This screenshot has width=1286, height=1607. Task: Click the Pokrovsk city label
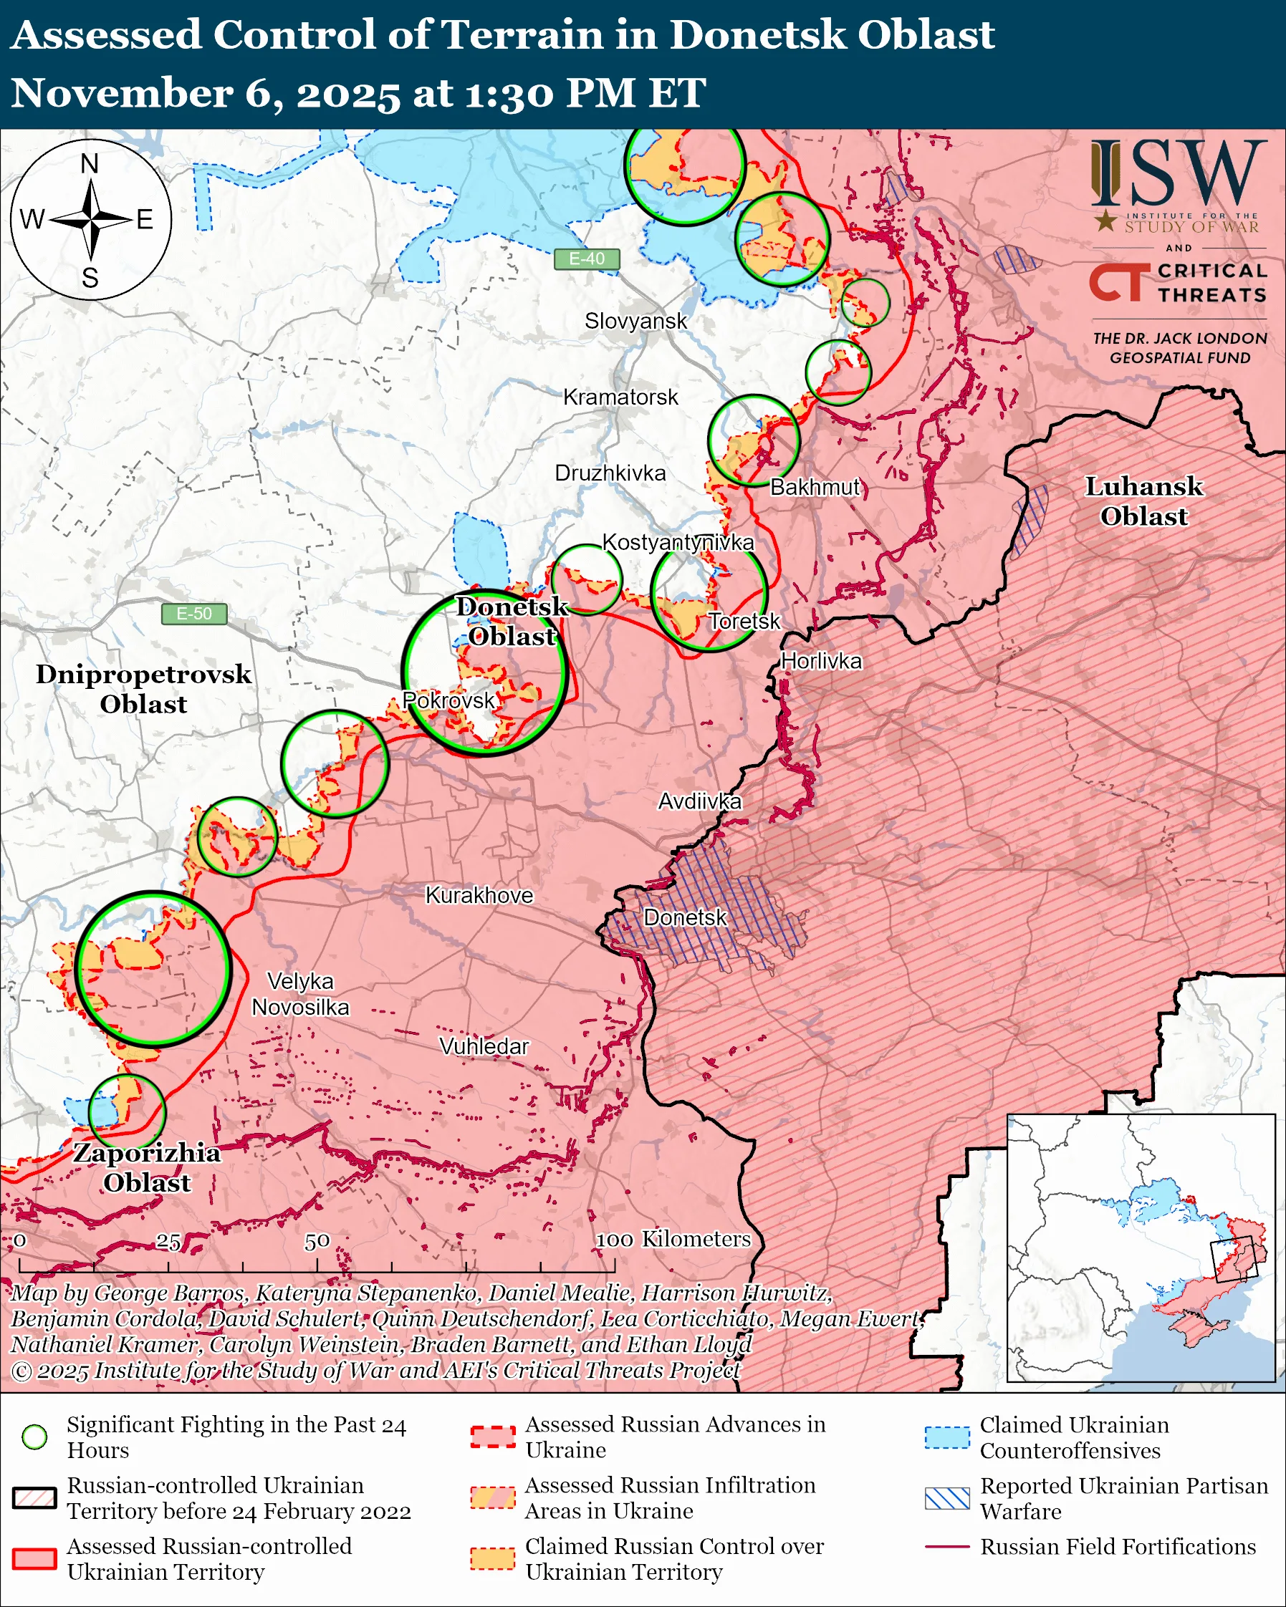click(x=448, y=700)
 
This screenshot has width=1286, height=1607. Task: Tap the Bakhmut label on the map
click(x=815, y=487)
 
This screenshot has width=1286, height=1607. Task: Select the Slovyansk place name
click(x=635, y=321)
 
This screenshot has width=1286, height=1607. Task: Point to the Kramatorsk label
click(x=620, y=397)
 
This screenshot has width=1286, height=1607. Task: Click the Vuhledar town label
click(x=484, y=1046)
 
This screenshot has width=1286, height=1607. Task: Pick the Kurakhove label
click(x=479, y=894)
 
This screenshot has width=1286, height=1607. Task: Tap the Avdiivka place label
click(x=699, y=801)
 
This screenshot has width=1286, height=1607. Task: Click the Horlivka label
click(x=821, y=661)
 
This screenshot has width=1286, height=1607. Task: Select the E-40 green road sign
click(x=587, y=259)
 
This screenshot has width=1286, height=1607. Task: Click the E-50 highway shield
click(x=194, y=614)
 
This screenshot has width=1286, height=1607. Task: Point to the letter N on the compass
click(x=90, y=163)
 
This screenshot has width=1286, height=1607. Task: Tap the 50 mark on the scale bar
click(x=317, y=1241)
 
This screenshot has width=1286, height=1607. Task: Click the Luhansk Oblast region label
click(x=1143, y=501)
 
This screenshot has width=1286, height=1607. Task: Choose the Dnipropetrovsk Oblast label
click(x=143, y=689)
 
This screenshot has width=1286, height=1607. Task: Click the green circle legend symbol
click(x=34, y=1437)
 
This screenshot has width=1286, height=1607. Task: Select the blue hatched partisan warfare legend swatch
click(x=947, y=1498)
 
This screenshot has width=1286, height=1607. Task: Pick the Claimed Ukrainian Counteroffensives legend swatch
click(x=947, y=1437)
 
